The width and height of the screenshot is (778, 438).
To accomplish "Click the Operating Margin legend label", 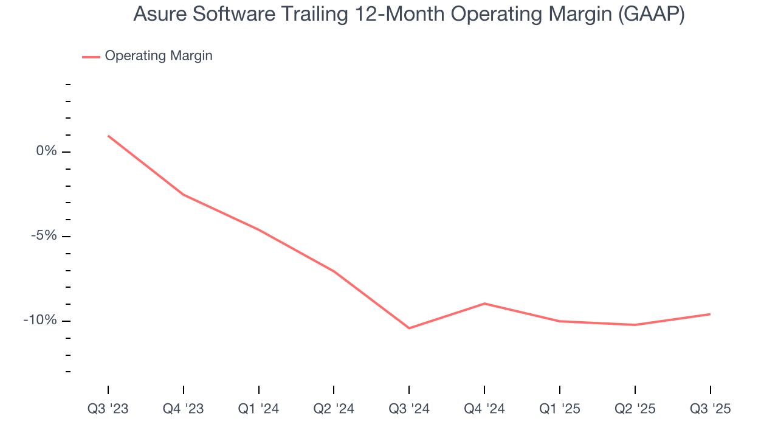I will [x=159, y=56].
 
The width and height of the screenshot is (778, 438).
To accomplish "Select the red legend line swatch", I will [x=91, y=57].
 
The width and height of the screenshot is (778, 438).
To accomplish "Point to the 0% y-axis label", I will [x=46, y=151].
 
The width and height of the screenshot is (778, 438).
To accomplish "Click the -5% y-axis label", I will [x=44, y=236].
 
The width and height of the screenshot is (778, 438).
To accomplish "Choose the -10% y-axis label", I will [x=41, y=321].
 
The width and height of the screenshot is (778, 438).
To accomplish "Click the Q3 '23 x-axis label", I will [x=108, y=409].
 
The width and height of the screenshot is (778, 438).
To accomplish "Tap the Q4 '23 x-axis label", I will [x=184, y=409].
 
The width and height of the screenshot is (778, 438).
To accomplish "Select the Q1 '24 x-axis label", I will [x=259, y=409].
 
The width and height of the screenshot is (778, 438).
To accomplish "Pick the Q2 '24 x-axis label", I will [x=334, y=409].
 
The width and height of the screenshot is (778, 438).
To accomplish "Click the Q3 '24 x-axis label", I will [x=409, y=409].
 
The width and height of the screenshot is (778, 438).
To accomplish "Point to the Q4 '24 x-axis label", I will [x=484, y=409].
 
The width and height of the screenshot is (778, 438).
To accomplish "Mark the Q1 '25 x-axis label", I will [x=560, y=409].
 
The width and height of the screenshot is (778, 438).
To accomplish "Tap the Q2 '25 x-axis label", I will [x=635, y=409].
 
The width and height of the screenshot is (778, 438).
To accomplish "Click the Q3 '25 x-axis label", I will [x=710, y=409].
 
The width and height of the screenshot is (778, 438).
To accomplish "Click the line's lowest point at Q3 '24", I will [x=409, y=328].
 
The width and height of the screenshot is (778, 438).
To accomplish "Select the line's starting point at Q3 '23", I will [x=108, y=136].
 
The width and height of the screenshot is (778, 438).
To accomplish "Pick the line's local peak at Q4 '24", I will [x=484, y=303].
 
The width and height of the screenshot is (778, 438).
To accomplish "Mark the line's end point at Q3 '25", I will [x=710, y=314].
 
